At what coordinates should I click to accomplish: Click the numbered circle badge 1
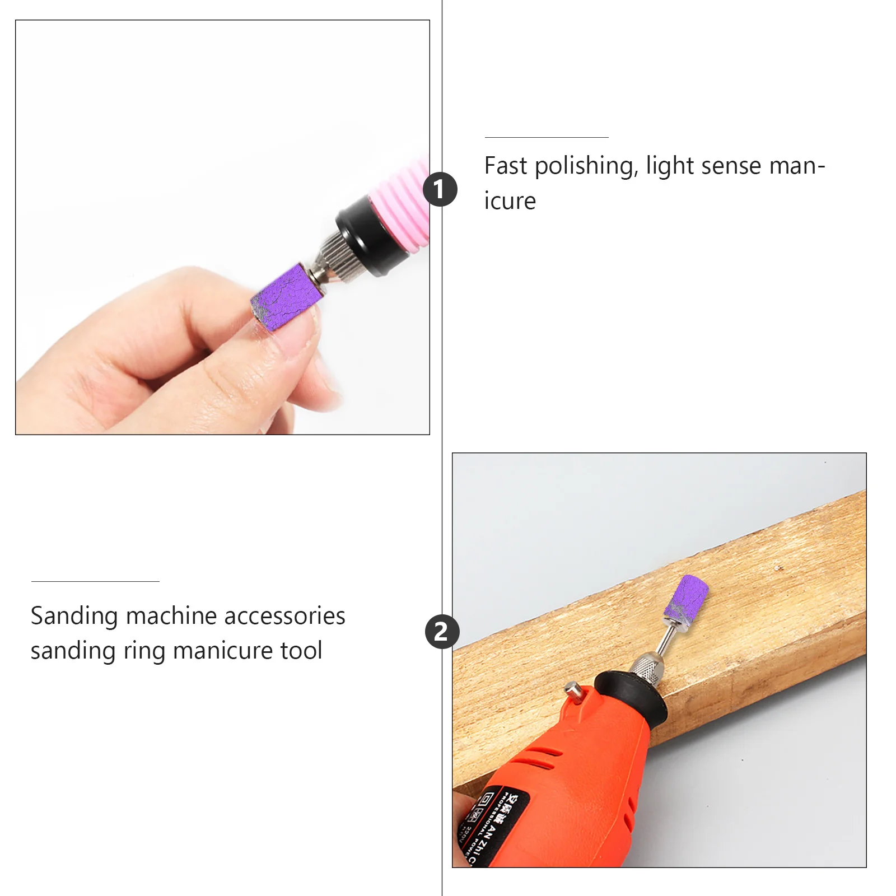pos(440,189)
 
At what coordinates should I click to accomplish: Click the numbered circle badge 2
pos(442,632)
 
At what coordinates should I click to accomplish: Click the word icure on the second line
pos(510,201)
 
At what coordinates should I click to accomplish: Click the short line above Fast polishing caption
pos(546,137)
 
